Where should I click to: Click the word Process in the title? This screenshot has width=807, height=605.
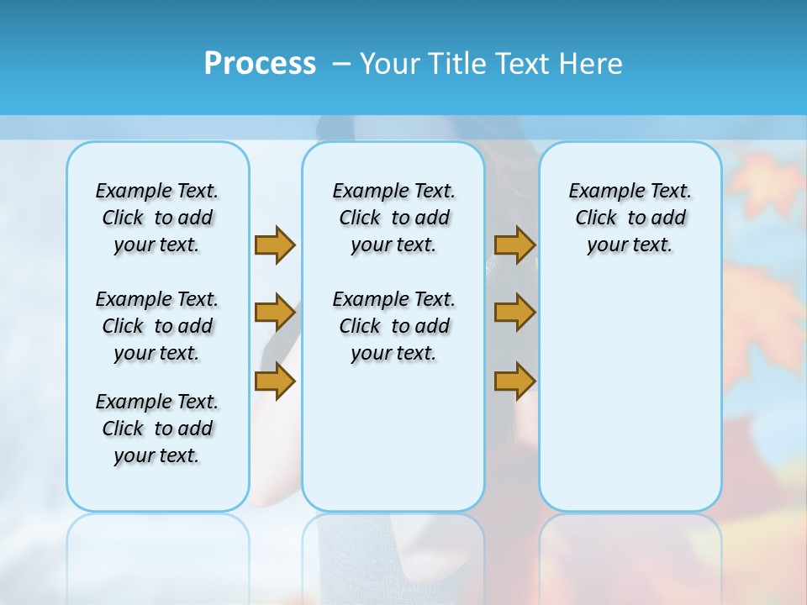[x=260, y=63]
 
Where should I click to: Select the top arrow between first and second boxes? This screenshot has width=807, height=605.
[x=275, y=245]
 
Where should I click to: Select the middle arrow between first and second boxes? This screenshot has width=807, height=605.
[x=275, y=313]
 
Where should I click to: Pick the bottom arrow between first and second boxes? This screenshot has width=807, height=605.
[x=275, y=381]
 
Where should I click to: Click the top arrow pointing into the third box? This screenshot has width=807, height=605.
[x=514, y=245]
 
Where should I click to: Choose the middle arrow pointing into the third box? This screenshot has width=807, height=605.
[x=514, y=313]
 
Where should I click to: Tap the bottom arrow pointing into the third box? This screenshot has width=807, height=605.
[x=514, y=381]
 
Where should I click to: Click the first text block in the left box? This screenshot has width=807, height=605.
[x=157, y=218]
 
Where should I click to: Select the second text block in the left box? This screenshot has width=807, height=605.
[x=157, y=326]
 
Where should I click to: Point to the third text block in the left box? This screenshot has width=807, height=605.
[x=157, y=429]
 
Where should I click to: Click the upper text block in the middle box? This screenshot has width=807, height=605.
[x=393, y=218]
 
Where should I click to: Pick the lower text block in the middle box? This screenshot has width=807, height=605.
[x=393, y=326]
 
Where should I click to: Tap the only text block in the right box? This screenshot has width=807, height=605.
[x=630, y=218]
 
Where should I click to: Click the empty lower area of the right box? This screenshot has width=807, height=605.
[x=630, y=403]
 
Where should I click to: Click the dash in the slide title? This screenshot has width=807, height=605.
[x=341, y=63]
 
